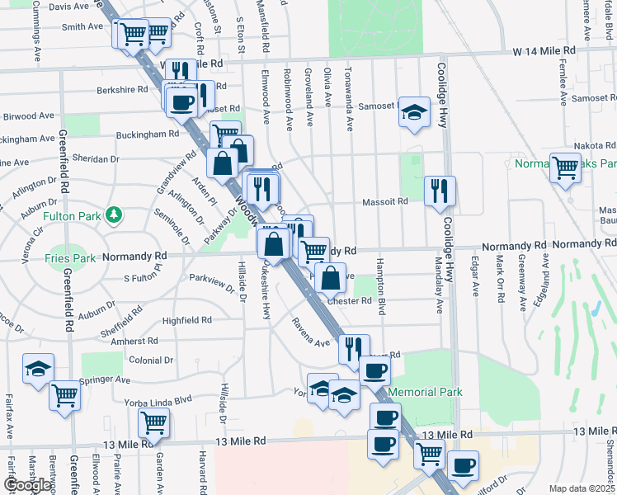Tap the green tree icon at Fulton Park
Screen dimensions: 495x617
pos(113,216)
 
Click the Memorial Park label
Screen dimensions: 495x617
pos(425,392)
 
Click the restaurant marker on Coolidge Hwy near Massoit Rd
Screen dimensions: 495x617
pos(440,191)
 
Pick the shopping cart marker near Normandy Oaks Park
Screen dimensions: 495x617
pos(565,167)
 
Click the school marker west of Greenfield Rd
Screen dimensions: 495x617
pos(38,368)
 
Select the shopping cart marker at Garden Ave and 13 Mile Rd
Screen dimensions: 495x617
pos(154,423)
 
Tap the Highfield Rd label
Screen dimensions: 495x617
pos(187,320)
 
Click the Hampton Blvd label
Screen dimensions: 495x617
pos(382,295)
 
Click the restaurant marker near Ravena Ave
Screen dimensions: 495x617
pos(354,348)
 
